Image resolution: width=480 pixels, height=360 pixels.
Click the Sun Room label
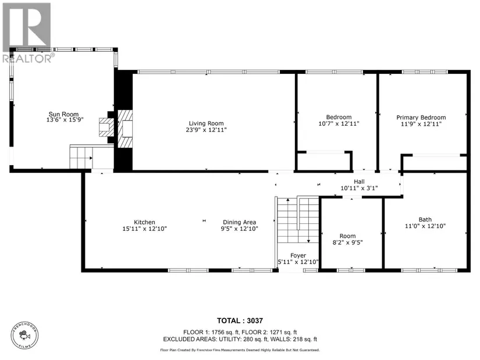pyautogui.click(x=63, y=114)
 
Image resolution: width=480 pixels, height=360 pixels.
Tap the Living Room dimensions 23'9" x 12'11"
pyautogui.click(x=207, y=130)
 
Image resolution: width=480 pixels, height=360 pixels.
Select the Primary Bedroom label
pyautogui.click(x=421, y=117)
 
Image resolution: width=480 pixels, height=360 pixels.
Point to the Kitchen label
pyautogui.click(x=144, y=222)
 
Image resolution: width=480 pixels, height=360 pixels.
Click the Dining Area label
pyautogui.click(x=239, y=222)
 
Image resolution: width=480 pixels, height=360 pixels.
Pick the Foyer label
pyautogui.click(x=298, y=256)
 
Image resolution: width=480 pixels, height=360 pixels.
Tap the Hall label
pyautogui.click(x=359, y=181)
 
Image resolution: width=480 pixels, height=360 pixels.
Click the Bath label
pyautogui.click(x=425, y=219)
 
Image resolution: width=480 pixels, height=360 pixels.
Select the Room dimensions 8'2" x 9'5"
pyautogui.click(x=347, y=243)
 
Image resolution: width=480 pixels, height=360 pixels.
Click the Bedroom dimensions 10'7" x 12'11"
pyautogui.click(x=339, y=124)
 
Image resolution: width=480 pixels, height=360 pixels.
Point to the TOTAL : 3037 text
pyautogui.click(x=240, y=320)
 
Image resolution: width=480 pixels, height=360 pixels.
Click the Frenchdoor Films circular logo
pyautogui.click(x=25, y=336)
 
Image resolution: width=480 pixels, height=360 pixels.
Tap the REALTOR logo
pyautogui.click(x=27, y=33)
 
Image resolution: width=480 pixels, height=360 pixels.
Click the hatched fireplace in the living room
pyautogui.click(x=125, y=129)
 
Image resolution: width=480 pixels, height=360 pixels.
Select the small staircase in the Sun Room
pyautogui.click(x=81, y=158)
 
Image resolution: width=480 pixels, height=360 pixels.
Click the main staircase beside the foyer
pyautogui.click(x=298, y=220)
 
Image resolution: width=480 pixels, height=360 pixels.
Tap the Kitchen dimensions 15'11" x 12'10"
pyautogui.click(x=144, y=229)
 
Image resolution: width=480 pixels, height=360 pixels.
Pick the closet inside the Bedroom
pyautogui.click(x=325, y=161)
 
